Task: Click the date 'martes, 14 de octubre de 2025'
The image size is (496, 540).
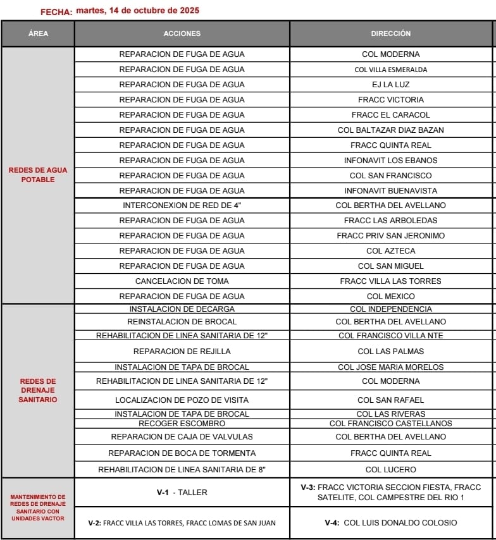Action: point(137,11)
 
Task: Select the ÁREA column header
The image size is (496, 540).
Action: point(38,34)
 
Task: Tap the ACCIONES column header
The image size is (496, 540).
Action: point(182,34)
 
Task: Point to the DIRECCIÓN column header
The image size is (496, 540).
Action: point(390,34)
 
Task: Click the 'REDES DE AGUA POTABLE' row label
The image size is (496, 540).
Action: point(38,175)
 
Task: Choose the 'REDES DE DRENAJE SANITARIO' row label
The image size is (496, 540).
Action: point(38,391)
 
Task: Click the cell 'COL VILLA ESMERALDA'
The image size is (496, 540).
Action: point(390,70)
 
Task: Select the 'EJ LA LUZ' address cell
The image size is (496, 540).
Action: point(390,85)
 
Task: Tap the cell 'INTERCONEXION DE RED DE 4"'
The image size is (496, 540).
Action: point(182,206)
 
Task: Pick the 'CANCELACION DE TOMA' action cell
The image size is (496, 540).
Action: point(182,281)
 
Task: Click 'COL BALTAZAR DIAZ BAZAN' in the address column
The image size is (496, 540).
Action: point(390,130)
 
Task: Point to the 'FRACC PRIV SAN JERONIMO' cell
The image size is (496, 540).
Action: point(390,236)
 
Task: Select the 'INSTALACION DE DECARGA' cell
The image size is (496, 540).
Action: point(182,309)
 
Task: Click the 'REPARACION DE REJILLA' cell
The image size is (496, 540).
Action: point(182,352)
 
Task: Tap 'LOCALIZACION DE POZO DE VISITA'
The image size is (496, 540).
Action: point(182,400)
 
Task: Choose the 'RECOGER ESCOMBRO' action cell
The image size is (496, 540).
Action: point(182,424)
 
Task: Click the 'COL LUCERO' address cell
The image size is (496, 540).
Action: point(390,470)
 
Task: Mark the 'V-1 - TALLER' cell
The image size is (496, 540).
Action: point(182,493)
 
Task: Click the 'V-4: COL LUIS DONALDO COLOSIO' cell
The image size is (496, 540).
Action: point(390,523)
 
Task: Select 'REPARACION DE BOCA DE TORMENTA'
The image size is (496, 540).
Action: point(182,453)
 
